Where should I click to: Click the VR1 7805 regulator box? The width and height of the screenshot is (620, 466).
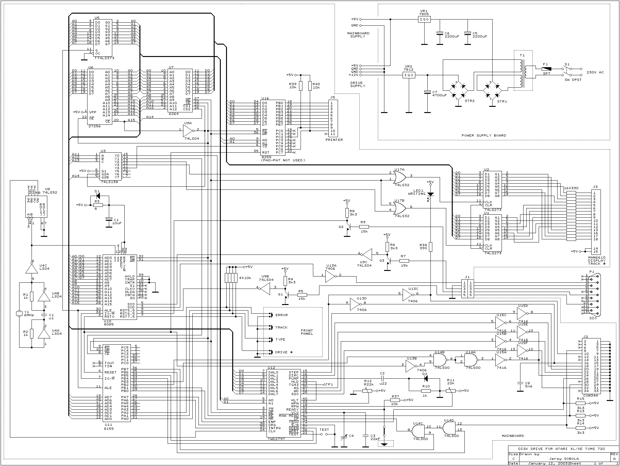(x=424, y=20)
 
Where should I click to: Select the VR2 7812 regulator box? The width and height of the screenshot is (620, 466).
(x=409, y=75)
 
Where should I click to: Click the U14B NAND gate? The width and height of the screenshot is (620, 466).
(x=441, y=360)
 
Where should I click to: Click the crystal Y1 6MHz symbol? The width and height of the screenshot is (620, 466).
(x=19, y=314)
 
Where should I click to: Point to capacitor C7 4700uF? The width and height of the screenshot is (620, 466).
(x=427, y=92)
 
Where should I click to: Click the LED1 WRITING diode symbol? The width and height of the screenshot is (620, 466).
(x=430, y=195)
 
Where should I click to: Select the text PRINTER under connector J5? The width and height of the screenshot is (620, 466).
(x=334, y=140)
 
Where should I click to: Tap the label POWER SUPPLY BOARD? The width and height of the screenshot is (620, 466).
(x=484, y=135)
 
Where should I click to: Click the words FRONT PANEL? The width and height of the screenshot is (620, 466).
(x=307, y=332)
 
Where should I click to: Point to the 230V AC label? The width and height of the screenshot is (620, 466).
(x=595, y=72)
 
